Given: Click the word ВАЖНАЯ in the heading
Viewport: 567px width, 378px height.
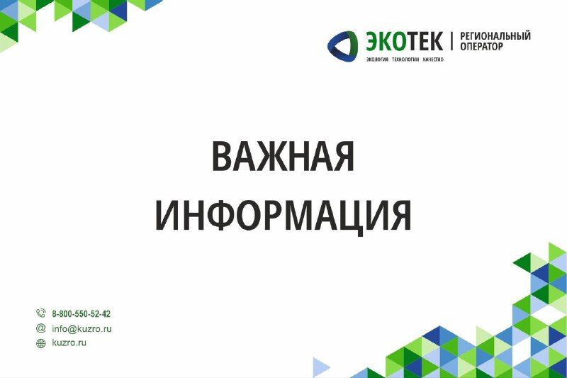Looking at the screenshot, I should tap(283, 156).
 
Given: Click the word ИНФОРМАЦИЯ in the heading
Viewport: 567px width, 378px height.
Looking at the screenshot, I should tap(283, 215).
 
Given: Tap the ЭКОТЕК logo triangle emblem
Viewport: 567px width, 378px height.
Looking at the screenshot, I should tap(342, 45).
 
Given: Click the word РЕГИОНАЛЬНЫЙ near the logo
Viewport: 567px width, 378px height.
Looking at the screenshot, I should tap(495, 36).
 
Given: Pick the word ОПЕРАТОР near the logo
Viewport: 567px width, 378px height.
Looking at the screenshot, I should tap(482, 47).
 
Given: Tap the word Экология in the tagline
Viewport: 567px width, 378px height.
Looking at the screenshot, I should tap(377, 59).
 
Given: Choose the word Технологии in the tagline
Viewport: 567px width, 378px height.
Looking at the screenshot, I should tap(405, 59).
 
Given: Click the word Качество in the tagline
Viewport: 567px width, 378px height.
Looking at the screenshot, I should tap(433, 59).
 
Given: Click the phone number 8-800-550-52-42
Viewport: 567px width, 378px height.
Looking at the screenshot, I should tap(82, 313).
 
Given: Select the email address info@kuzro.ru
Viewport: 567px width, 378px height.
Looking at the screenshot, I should tap(82, 328).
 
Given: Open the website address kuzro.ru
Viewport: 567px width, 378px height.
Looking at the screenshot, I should tap(69, 343).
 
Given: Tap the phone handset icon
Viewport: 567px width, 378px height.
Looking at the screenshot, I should tap(40, 313).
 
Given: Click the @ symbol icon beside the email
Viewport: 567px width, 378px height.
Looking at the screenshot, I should tap(41, 328).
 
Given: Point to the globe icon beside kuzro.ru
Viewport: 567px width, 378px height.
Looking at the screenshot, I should tap(41, 343).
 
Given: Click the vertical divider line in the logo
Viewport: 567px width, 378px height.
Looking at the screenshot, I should tap(452, 40).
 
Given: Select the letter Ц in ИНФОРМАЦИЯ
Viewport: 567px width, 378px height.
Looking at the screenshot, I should tap(349, 215).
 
